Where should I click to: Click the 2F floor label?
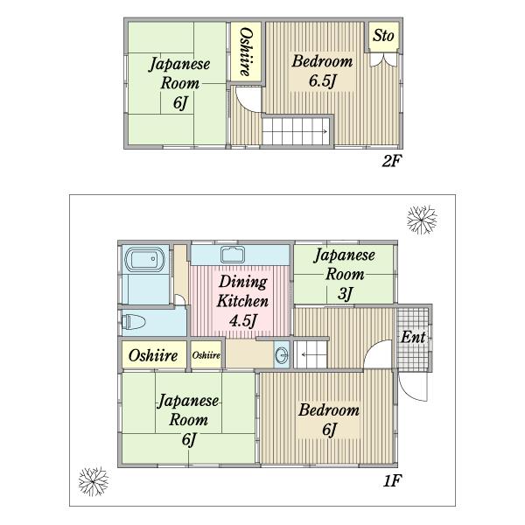[390, 161]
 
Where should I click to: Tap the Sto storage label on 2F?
[382, 36]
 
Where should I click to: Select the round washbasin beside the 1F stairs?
[281, 355]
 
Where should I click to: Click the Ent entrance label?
[413, 337]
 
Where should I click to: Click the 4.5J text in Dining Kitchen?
[241, 319]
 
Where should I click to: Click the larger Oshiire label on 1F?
[153, 355]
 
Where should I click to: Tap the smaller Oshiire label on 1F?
[206, 355]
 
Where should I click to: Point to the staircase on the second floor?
[296, 132]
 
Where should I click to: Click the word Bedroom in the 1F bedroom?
[328, 409]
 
